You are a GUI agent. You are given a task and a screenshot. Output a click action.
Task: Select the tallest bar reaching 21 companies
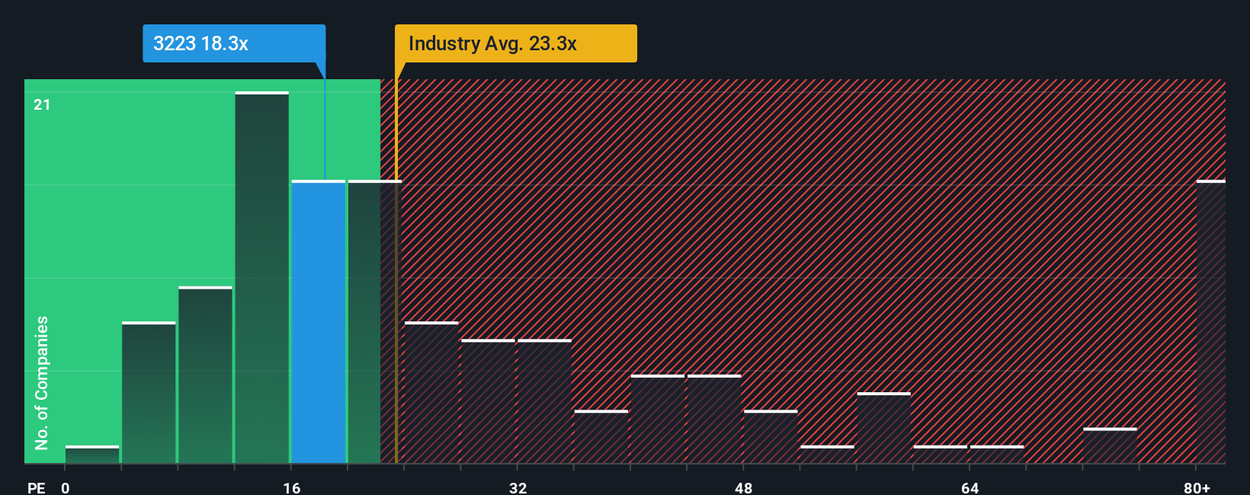pos(262,277)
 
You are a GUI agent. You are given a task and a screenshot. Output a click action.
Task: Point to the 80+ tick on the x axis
pos(1197,487)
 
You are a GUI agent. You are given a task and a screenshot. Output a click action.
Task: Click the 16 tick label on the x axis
pos(291,487)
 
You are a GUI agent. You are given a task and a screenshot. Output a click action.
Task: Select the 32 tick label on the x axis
pos(518,487)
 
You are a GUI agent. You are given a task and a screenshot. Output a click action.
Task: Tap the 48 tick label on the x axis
pos(743,487)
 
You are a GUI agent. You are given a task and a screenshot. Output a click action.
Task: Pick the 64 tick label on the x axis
pos(970,487)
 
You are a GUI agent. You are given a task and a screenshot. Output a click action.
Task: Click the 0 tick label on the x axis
pos(66,487)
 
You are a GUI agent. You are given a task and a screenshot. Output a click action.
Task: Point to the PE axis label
pos(36,487)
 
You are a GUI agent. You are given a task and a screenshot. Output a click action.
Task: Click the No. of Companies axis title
pos(42,382)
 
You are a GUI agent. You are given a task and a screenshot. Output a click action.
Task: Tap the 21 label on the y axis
pos(42,104)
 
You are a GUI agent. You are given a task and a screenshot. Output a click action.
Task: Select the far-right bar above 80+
pos(1210,321)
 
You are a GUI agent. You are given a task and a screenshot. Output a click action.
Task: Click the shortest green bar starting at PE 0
pos(92,455)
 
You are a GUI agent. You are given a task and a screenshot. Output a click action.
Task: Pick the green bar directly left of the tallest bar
pos(205,375)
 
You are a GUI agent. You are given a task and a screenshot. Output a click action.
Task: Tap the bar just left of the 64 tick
pos(940,454)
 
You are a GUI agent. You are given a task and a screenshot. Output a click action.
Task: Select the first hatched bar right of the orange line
pos(431,392)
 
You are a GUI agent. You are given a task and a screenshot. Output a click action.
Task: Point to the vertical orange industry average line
pos(396,305)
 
